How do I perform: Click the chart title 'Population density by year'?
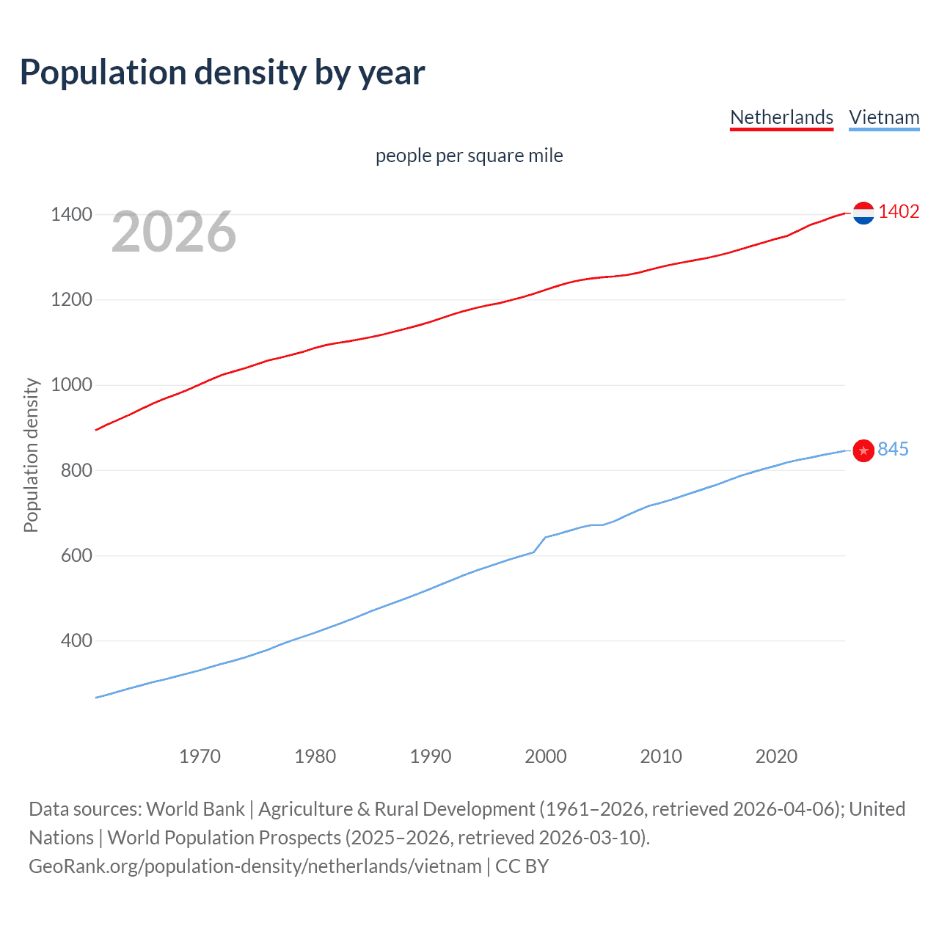(x=222, y=73)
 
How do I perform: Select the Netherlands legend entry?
(x=781, y=117)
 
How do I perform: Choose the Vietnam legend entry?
(x=884, y=117)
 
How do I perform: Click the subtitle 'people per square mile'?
(x=469, y=156)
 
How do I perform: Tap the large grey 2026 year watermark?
(x=174, y=232)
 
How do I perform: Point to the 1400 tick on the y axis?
(x=71, y=214)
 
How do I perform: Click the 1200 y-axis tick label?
(x=71, y=299)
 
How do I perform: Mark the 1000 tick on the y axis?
(x=71, y=384)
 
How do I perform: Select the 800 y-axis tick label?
(x=76, y=470)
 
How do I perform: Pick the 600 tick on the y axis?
(x=76, y=555)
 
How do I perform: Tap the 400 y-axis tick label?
(x=76, y=640)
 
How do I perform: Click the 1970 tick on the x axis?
(x=200, y=756)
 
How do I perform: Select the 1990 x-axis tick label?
(x=431, y=756)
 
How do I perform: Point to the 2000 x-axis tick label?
(x=546, y=756)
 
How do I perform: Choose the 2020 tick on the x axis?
(x=776, y=756)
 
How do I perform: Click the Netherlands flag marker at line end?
(x=863, y=213)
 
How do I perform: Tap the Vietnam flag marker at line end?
(x=863, y=450)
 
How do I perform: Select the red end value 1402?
(x=899, y=212)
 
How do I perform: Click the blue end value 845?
(x=893, y=449)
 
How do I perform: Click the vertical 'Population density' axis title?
(x=31, y=455)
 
